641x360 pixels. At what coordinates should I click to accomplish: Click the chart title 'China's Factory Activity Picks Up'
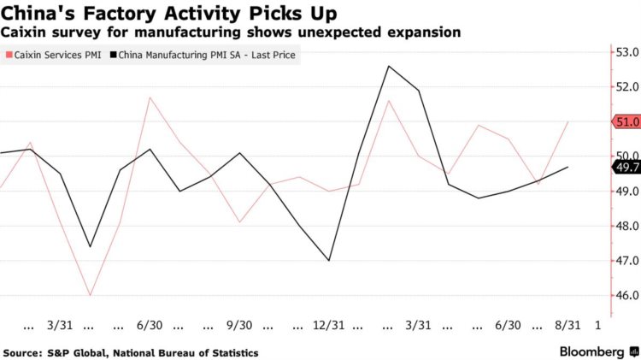coord(169,14)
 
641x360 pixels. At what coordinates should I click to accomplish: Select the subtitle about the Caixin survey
coord(232,32)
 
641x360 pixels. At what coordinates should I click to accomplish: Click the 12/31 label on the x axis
coord(329,326)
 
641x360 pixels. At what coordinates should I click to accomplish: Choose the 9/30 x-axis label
coord(239,326)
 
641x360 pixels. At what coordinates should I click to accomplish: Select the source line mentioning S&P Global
coord(131,352)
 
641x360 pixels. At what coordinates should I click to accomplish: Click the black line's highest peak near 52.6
coord(389,66)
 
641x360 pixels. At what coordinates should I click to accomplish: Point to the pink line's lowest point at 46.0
coord(90,296)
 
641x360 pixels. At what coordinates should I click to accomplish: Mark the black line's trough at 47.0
coord(329,261)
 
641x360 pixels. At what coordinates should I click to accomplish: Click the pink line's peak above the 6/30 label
coord(150,97)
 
